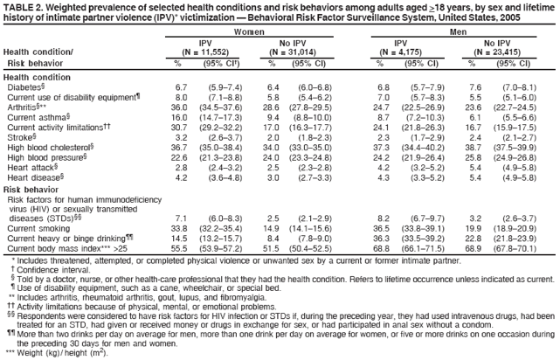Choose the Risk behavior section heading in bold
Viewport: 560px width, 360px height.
point(31,189)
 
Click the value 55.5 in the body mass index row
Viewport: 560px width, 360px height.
point(182,249)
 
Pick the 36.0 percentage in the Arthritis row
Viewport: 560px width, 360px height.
point(182,107)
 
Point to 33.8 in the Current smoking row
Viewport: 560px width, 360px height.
point(182,228)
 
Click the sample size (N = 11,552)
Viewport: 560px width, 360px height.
point(206,52)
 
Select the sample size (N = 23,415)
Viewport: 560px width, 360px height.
point(501,52)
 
